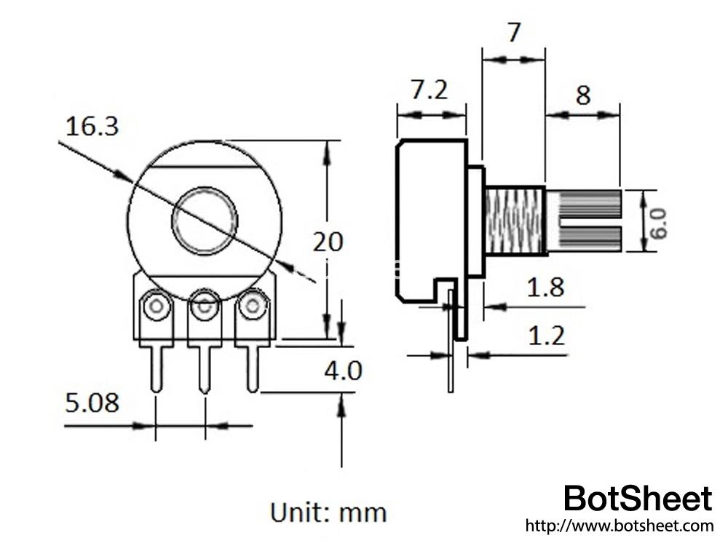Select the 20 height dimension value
[x=328, y=242]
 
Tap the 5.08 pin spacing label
[x=92, y=403]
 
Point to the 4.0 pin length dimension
[x=342, y=371]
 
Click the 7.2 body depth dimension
[x=430, y=90]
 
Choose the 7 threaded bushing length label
[x=514, y=33]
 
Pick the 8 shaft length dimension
[x=583, y=95]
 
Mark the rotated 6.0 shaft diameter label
[x=659, y=222]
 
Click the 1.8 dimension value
[x=546, y=287]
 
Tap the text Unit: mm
[x=328, y=512]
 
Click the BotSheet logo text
[x=638, y=499]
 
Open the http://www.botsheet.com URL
[x=619, y=525]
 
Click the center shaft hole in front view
[x=205, y=221]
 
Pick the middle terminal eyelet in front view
[x=205, y=307]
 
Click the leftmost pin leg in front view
[x=156, y=368]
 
